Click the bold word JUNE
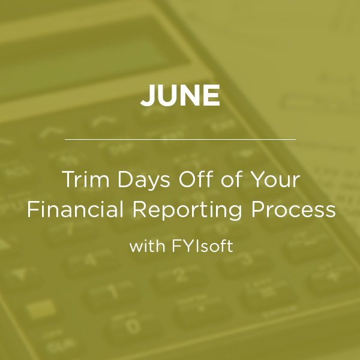coord(180,95)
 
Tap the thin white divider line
coord(180,139)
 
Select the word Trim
coord(85,179)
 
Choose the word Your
coord(275,179)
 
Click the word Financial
coord(76,209)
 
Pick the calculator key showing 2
coord(181,274)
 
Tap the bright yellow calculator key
coord(41,309)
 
